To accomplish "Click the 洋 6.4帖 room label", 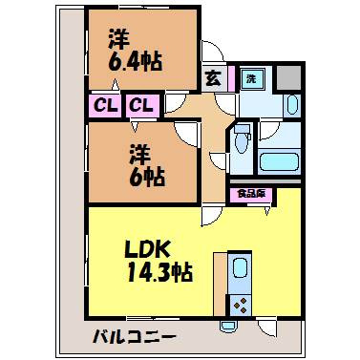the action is point(135,51).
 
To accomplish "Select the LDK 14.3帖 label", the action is point(159,262).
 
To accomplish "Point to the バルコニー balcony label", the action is point(135,336).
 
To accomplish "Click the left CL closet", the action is point(104,105).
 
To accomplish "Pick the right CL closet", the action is point(142,105).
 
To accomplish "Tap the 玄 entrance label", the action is point(213,78).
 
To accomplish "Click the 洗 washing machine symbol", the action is point(252,78).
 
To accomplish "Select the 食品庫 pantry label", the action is point(251,194).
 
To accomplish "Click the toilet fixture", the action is point(242,139).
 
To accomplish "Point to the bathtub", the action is point(279,162).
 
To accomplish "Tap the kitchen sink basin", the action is point(241,267).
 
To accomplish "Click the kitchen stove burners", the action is point(241,306).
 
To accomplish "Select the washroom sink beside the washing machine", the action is point(292,104).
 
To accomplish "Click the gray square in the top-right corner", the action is point(288,77).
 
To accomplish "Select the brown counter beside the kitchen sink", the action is point(220,284).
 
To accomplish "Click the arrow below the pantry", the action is point(267,211).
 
